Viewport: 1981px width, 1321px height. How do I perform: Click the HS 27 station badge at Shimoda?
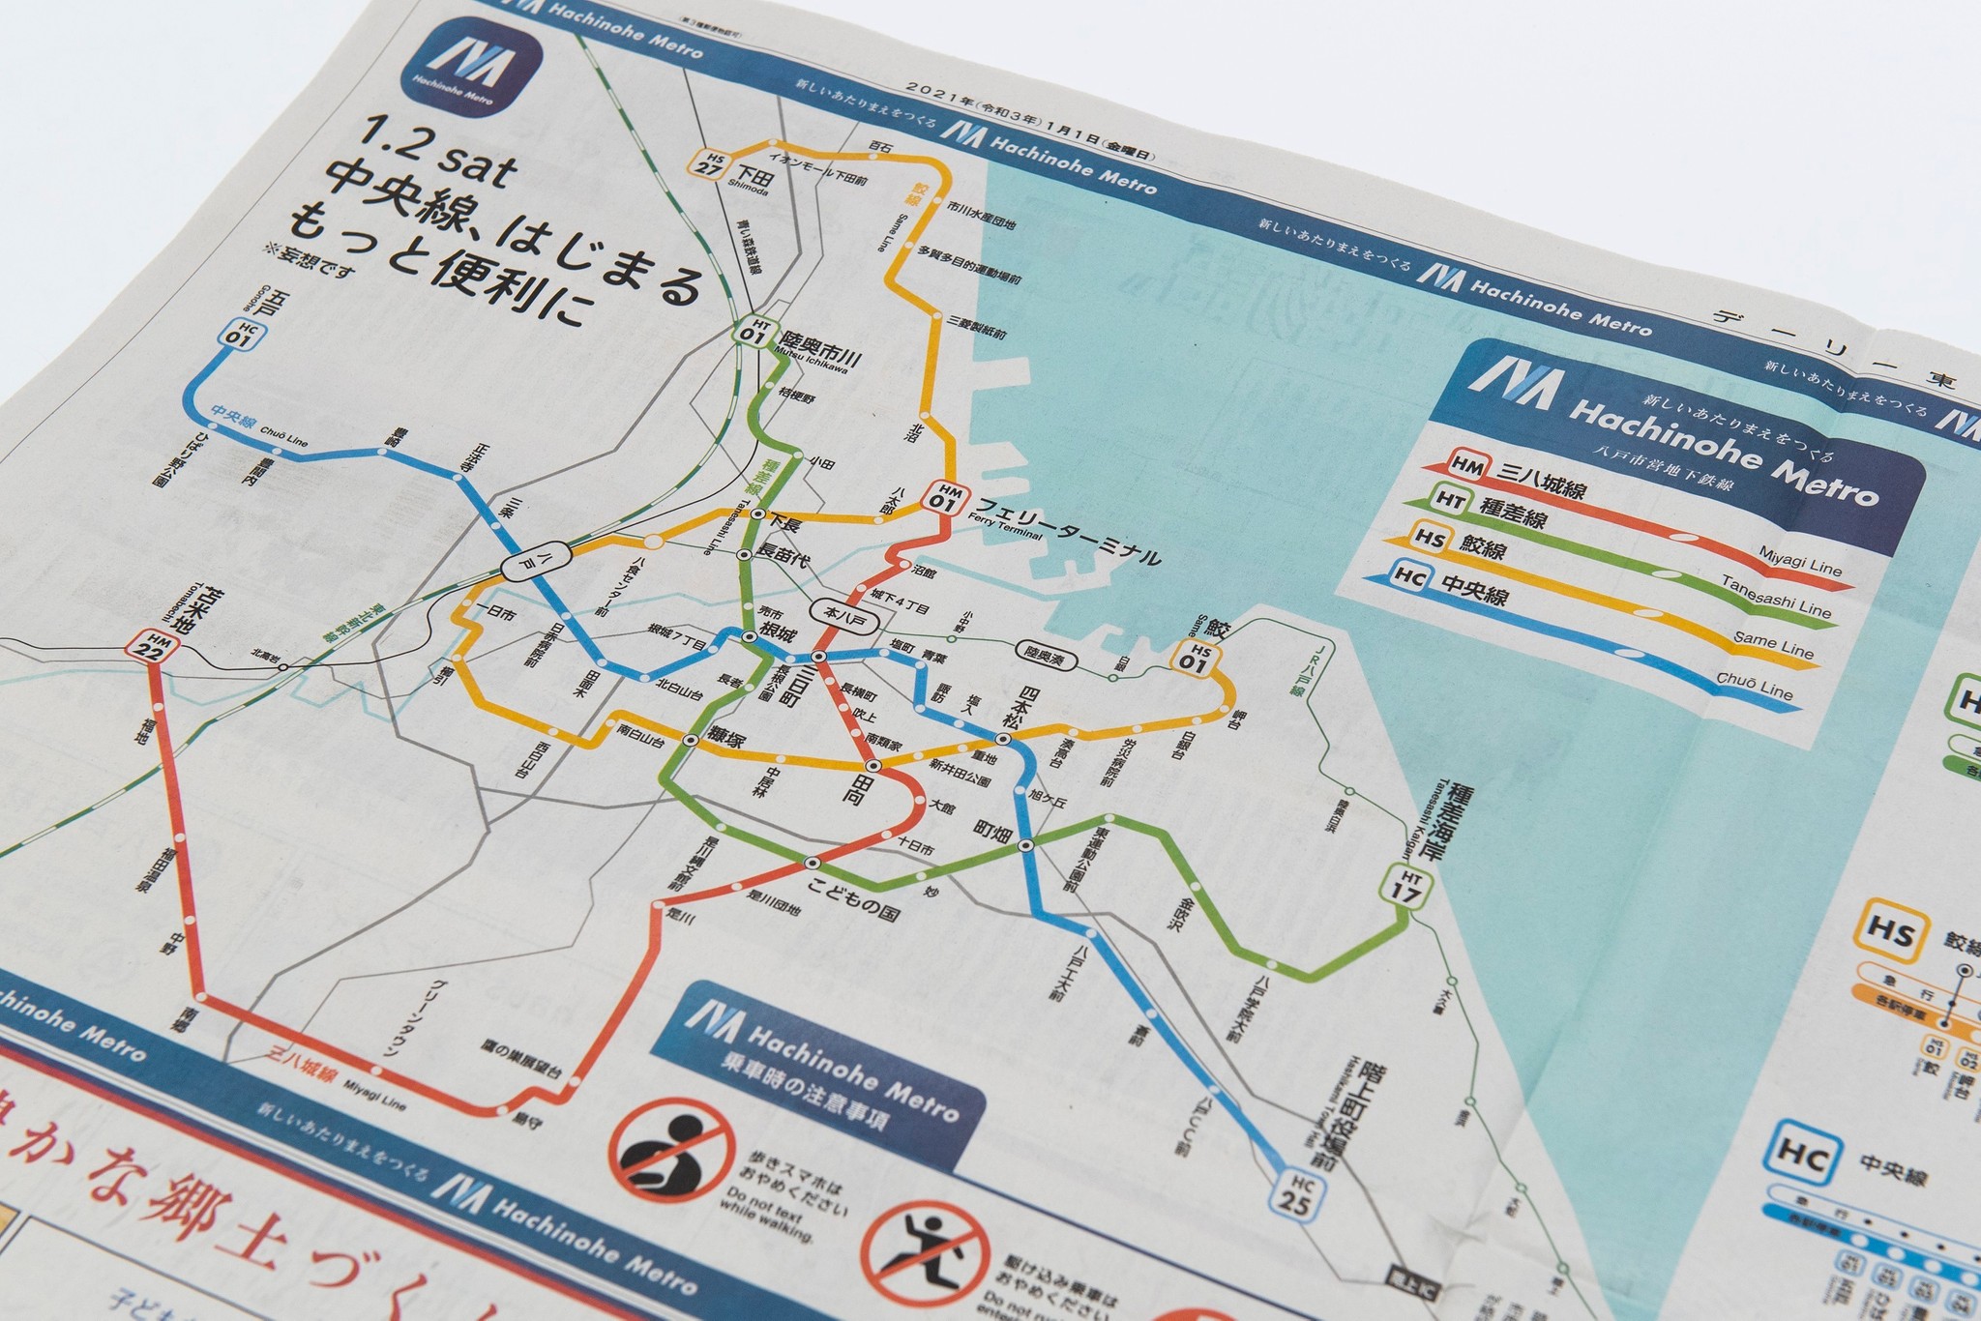pyautogui.click(x=715, y=161)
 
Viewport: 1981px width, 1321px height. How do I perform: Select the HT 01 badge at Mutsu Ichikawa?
pyautogui.click(x=751, y=331)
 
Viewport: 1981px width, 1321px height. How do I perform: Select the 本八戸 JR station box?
pyautogui.click(x=839, y=613)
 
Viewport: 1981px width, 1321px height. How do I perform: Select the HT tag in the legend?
pyautogui.click(x=1448, y=499)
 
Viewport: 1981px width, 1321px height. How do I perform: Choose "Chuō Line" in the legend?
pyautogui.click(x=1755, y=686)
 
